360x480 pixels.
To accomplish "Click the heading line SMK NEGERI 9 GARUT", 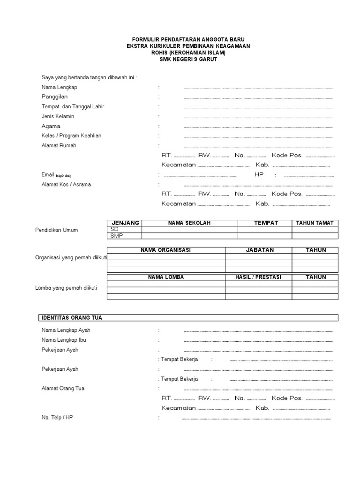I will point(188,60).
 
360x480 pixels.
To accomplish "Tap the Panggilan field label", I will point(54,97).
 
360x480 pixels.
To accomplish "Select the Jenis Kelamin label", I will point(58,116).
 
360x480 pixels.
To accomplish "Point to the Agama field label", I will point(51,126).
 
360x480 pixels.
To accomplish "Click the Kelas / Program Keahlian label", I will point(71,135).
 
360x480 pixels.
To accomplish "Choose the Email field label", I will point(48,174).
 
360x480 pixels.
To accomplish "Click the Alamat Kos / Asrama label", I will point(66,184).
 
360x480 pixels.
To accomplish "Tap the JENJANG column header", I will point(125,223).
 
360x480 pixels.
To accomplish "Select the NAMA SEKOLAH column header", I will point(189,223).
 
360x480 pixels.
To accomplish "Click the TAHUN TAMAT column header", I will point(315,223).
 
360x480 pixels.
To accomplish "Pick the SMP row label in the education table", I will point(116,236).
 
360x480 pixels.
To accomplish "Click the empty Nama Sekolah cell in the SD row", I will point(189,229).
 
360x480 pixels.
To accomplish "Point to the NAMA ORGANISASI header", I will point(166,250).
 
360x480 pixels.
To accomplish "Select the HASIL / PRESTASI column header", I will point(258,277).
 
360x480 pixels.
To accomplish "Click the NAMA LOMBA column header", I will point(166,277).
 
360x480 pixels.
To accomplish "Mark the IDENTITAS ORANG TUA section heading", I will point(72,318).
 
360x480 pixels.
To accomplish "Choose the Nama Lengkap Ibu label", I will point(64,340).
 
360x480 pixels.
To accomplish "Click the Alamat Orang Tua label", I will point(63,389).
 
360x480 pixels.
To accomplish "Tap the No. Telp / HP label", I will point(57,417).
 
